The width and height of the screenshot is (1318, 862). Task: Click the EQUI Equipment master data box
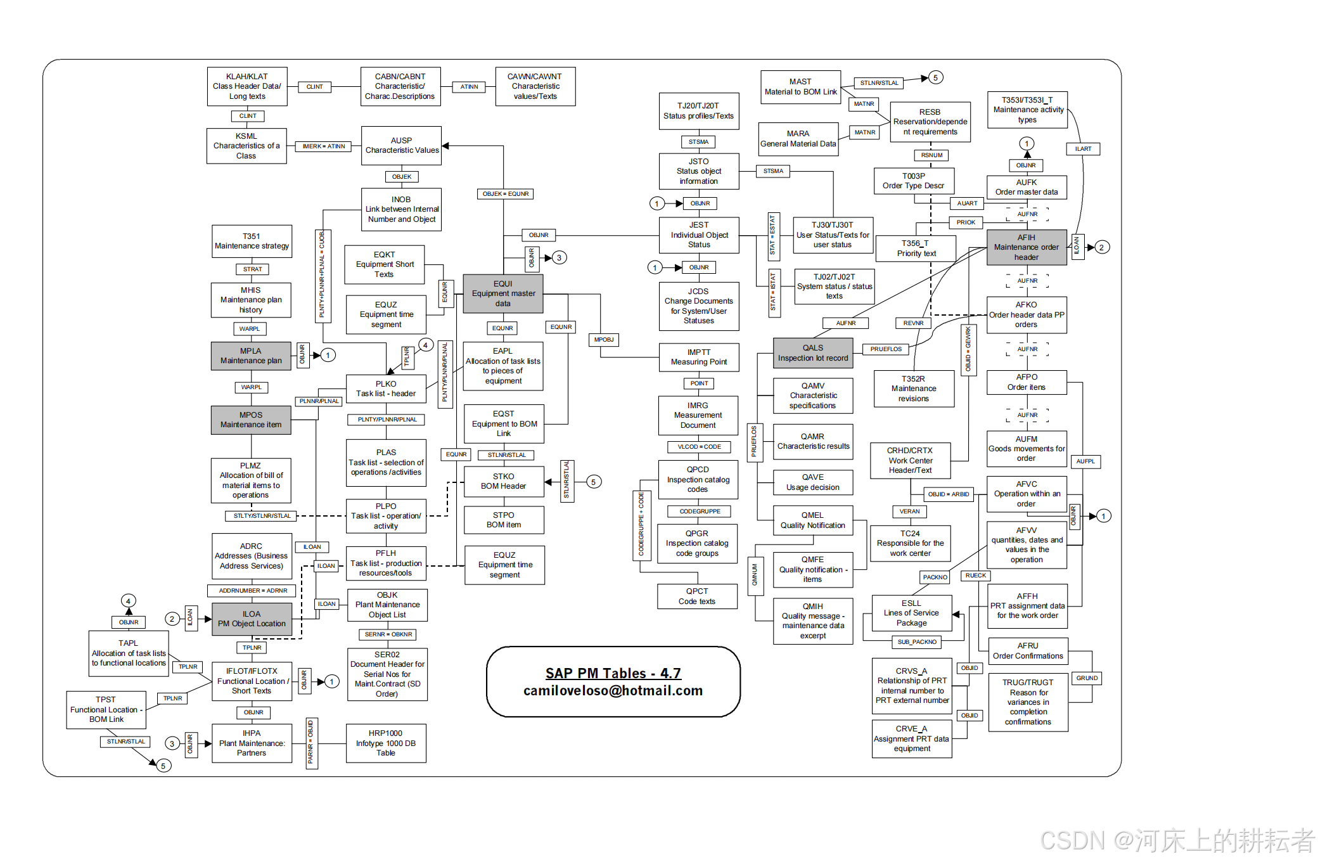tap(503, 293)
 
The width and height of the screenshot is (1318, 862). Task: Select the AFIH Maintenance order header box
tap(1026, 247)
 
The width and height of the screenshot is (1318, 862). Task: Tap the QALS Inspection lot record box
tap(813, 353)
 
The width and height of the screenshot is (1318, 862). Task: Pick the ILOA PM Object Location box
tap(252, 619)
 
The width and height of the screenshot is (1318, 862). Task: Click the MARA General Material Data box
tap(798, 139)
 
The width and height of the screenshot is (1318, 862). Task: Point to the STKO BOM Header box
tap(504, 482)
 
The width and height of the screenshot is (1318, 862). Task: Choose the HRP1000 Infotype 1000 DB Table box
tap(386, 743)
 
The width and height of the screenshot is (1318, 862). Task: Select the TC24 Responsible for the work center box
tap(910, 543)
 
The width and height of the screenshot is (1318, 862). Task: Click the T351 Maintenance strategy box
tap(252, 241)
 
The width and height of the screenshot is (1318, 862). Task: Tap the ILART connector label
tap(1083, 149)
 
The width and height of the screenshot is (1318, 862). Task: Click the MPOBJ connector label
tap(604, 340)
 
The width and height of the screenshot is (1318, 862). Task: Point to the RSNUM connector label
tap(931, 155)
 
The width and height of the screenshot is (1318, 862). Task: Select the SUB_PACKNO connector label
tap(917, 642)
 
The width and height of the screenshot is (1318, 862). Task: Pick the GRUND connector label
tap(1087, 678)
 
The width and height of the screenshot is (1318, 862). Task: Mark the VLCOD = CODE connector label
tap(700, 447)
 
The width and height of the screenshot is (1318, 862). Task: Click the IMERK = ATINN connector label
tap(324, 146)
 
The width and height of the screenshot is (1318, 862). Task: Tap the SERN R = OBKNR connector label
tap(388, 634)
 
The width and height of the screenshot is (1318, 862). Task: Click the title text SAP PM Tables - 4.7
tap(613, 673)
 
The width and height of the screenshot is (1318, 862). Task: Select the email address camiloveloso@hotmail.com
tap(613, 691)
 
